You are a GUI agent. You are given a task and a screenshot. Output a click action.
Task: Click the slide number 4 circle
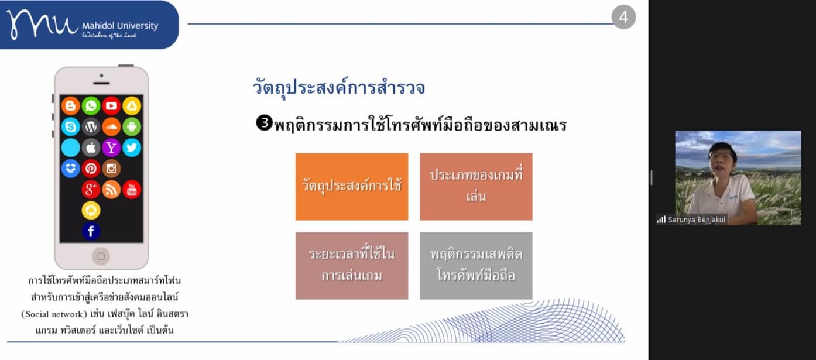[x=623, y=17]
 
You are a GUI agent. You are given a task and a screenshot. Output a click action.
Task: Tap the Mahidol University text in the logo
[x=120, y=26]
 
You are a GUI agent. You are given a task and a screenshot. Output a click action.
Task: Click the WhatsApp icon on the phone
[x=91, y=106]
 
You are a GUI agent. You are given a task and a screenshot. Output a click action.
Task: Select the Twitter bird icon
[x=132, y=148]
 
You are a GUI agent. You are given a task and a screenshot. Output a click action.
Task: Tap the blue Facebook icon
[x=91, y=231]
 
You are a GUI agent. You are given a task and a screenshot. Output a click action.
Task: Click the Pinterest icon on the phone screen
[x=91, y=169]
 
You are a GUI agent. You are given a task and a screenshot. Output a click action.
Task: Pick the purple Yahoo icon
[x=111, y=148]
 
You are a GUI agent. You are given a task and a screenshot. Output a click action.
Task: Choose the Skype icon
[x=70, y=126]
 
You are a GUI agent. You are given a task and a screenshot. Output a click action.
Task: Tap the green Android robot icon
[x=132, y=126]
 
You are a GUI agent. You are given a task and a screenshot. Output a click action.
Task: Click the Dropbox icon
[x=70, y=169]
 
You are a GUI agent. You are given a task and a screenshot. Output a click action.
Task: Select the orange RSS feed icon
[x=111, y=190]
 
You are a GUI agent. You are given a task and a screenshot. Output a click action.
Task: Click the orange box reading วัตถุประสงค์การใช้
[x=352, y=187]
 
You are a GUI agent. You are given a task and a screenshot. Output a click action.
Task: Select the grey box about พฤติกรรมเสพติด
[x=476, y=266]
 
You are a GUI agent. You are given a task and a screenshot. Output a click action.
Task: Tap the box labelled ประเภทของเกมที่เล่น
[x=476, y=187]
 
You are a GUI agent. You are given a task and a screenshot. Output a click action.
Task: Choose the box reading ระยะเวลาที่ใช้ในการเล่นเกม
[x=352, y=266]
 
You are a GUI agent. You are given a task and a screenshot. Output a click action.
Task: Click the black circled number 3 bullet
[x=264, y=123]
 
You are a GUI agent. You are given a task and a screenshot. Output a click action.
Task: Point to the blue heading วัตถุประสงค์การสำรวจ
[x=339, y=87]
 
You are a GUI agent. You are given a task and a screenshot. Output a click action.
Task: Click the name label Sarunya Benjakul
[x=696, y=220]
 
